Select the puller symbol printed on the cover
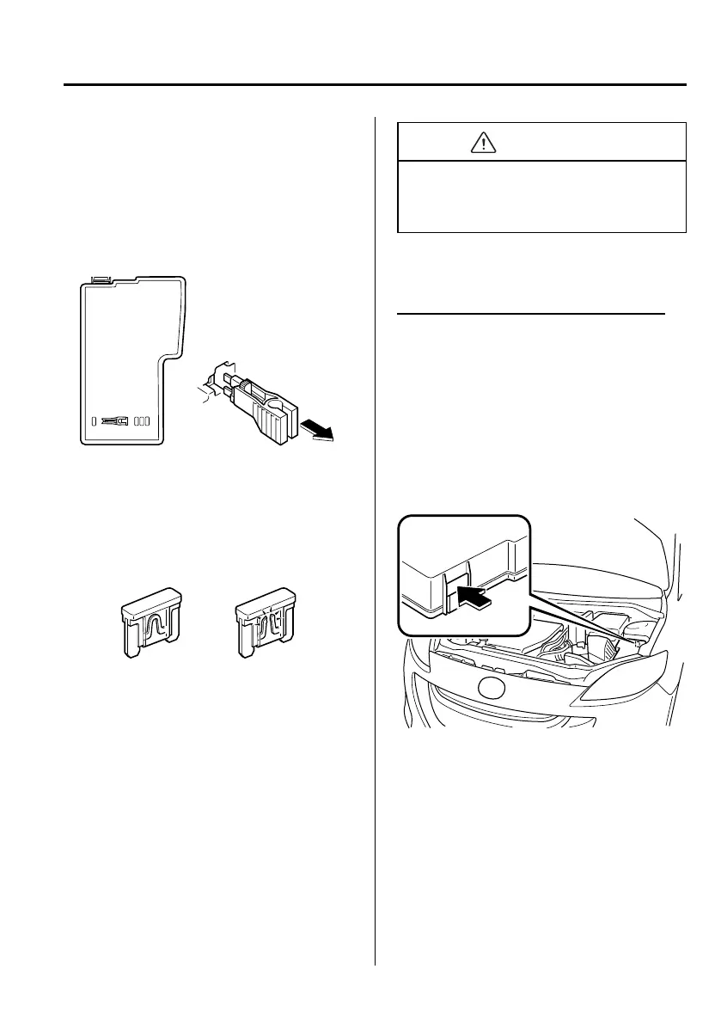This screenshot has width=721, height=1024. click(114, 421)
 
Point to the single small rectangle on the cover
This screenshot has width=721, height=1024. click(94, 421)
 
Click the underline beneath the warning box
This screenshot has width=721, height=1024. click(531, 315)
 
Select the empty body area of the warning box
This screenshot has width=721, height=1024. click(541, 197)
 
